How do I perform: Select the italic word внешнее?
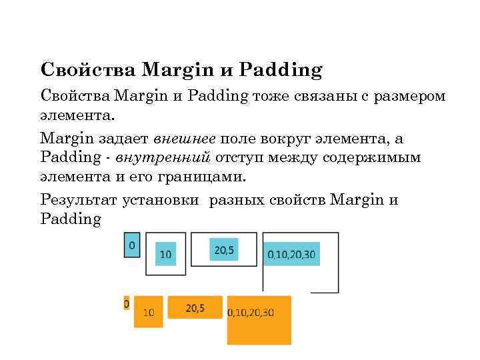click(184, 139)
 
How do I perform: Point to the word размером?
click(409, 96)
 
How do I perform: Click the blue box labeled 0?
click(132, 245)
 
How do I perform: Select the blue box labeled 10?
click(165, 253)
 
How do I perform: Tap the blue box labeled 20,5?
click(223, 249)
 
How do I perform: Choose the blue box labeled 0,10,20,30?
click(291, 255)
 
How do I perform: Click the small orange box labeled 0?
click(127, 303)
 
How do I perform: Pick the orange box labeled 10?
click(148, 311)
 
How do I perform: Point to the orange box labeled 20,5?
click(195, 307)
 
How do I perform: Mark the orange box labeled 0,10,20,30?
click(259, 319)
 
